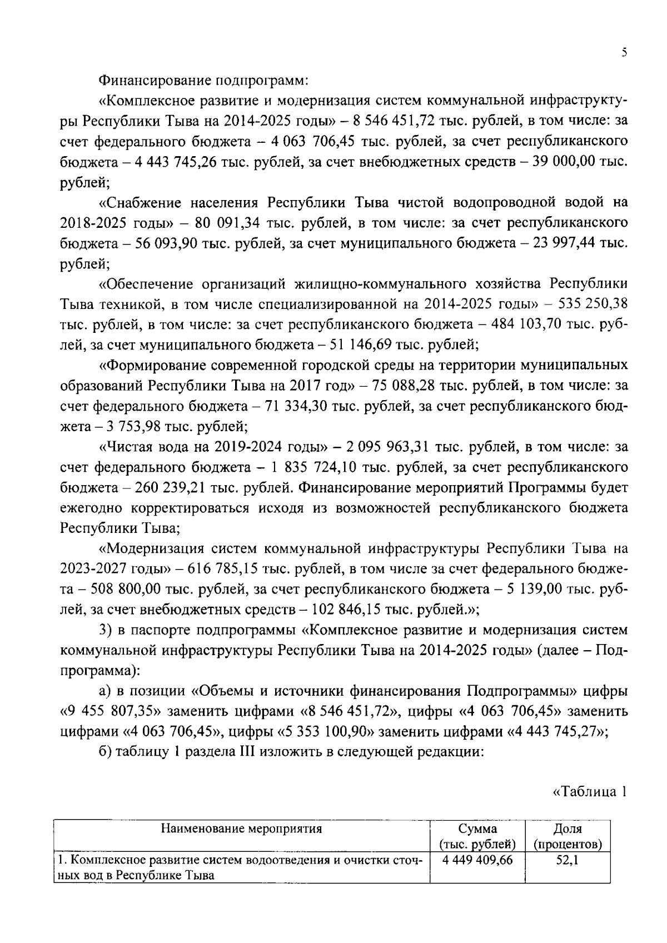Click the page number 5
pos(624,53)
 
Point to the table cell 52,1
pos(568,861)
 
